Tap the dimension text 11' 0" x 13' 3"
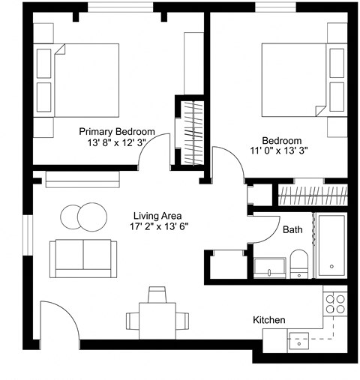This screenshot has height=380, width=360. pyautogui.click(x=282, y=151)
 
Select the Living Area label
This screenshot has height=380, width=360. pyautogui.click(x=157, y=214)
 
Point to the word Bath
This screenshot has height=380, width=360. pyautogui.click(x=293, y=230)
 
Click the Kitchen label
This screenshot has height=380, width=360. pyautogui.click(x=268, y=320)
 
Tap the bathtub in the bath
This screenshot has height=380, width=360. pyautogui.click(x=331, y=245)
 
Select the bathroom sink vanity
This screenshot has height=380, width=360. pyautogui.click(x=269, y=267)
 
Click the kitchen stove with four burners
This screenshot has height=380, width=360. pyautogui.click(x=335, y=303)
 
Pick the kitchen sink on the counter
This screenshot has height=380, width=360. pyautogui.click(x=301, y=338)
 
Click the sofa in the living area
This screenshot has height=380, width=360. pyautogui.click(x=82, y=256)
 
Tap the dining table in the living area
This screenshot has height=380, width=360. pyautogui.click(x=157, y=320)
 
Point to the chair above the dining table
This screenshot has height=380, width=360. pyautogui.click(x=157, y=293)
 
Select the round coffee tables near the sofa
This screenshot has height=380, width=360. pyautogui.click(x=82, y=217)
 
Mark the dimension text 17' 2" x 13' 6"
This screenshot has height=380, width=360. pyautogui.click(x=157, y=226)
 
